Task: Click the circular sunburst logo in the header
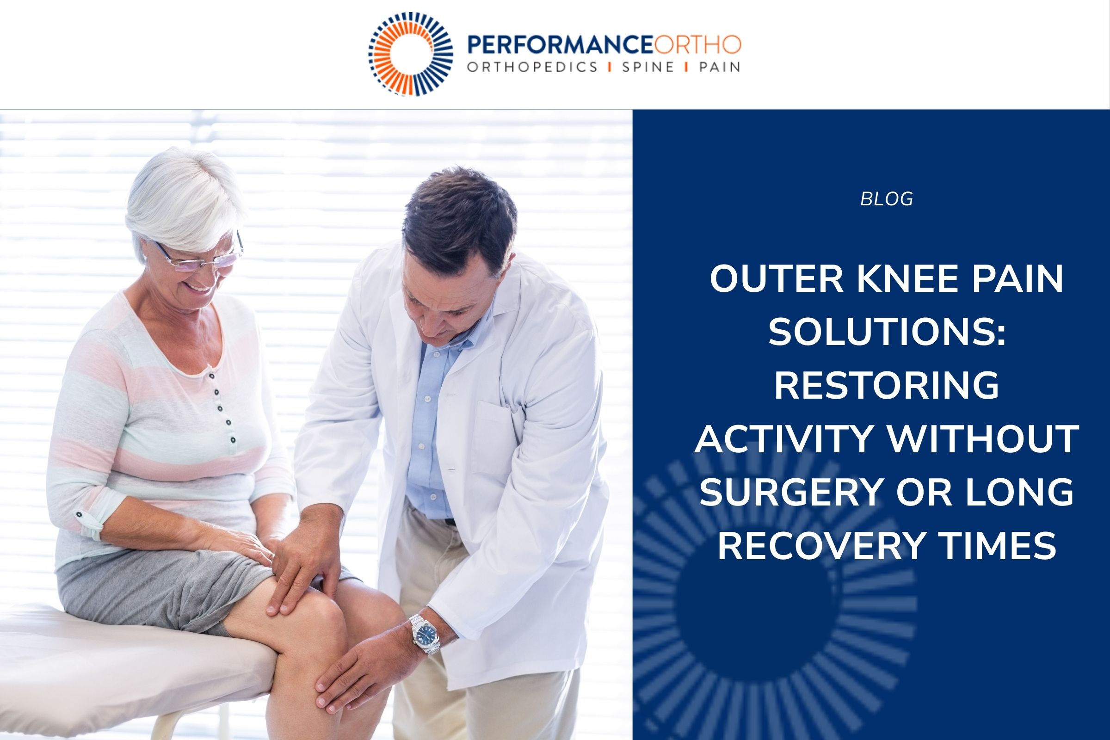[x=411, y=53]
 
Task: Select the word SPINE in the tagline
[x=647, y=68]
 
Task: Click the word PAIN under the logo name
[x=720, y=68]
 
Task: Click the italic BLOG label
[x=886, y=199]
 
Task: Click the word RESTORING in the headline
[x=886, y=386]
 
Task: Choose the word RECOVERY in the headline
[x=821, y=545]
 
